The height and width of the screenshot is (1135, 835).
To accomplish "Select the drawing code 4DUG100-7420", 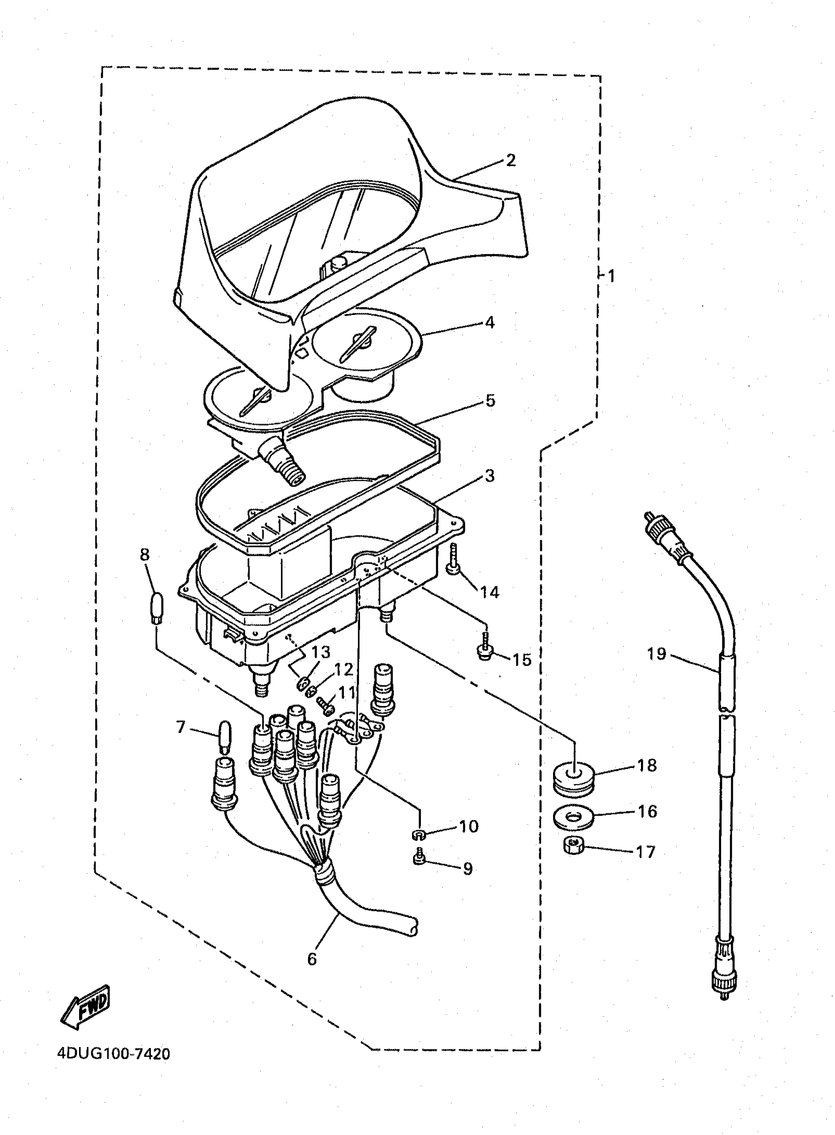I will [x=114, y=1054].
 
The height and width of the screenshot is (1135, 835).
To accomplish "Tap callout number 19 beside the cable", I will [x=657, y=654].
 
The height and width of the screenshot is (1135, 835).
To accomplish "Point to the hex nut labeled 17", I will [x=573, y=845].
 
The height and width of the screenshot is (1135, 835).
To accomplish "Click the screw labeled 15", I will [x=486, y=647].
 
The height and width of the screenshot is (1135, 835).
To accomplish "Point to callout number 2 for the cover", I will [x=510, y=160].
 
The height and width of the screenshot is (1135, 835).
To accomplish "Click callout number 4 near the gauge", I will [x=489, y=322].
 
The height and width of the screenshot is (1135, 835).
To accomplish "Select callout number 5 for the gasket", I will [x=490, y=400].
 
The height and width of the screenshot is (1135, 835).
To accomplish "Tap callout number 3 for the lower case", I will [x=489, y=476].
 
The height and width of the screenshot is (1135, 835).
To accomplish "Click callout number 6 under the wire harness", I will [x=312, y=959].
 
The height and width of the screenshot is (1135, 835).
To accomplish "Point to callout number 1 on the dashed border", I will [x=611, y=276].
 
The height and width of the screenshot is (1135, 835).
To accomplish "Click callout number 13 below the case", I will [x=320, y=652].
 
